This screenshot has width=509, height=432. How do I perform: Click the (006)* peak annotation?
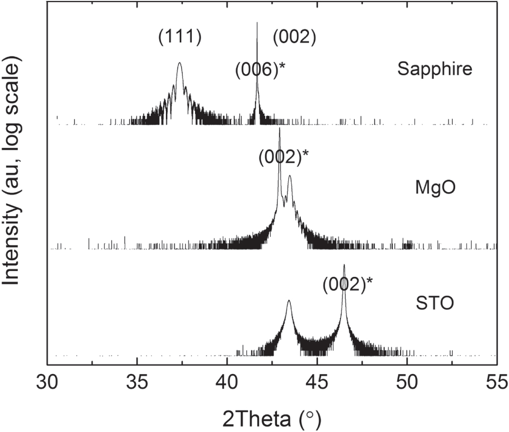259,69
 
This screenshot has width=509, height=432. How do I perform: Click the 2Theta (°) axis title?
271,418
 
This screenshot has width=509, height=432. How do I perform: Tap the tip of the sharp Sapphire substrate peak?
257,23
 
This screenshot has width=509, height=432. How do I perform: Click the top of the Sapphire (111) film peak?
179,63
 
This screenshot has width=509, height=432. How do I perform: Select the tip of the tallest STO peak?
344,265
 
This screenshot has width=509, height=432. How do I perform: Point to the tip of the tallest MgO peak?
279,129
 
